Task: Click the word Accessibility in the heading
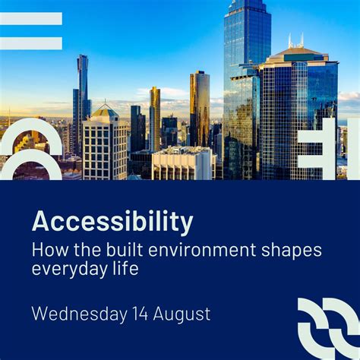112,222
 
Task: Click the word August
185,313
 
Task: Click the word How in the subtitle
48,249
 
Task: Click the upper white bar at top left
30,18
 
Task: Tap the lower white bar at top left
30,43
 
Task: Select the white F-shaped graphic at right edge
323,148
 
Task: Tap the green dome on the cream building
105,111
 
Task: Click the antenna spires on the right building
295,40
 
